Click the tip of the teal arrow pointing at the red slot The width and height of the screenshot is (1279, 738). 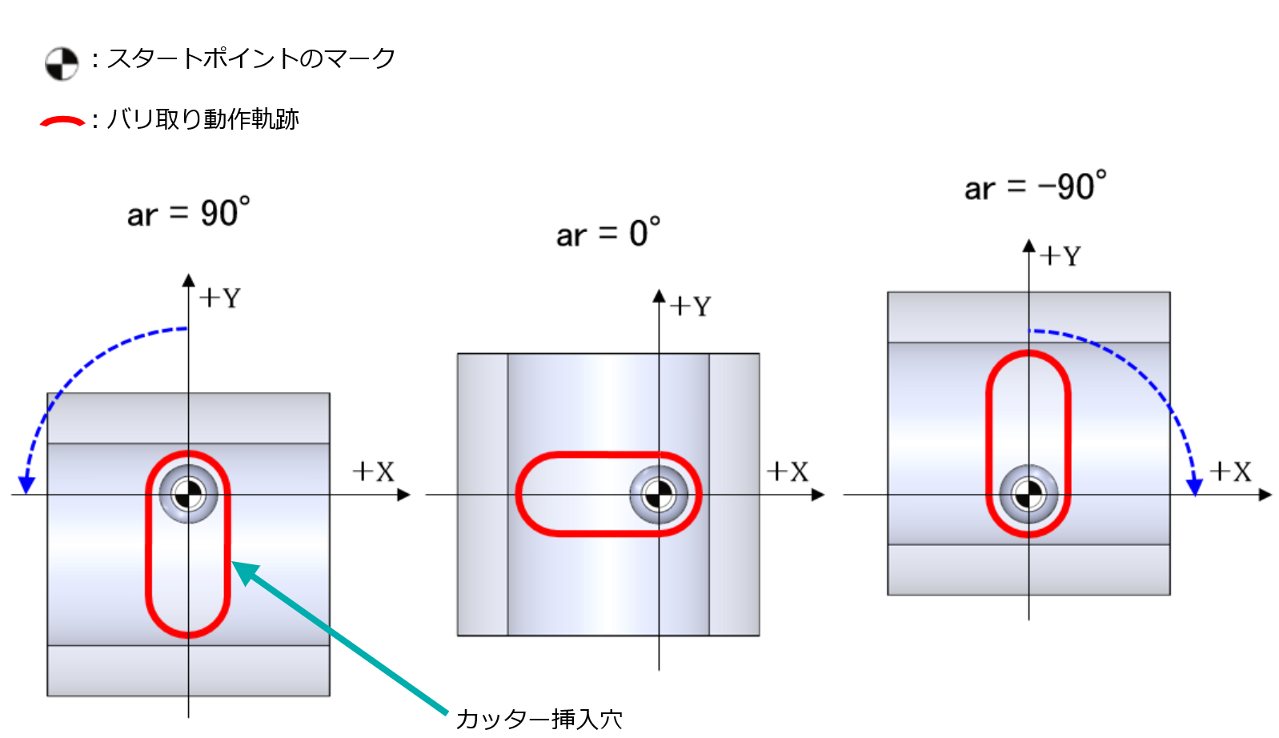232,563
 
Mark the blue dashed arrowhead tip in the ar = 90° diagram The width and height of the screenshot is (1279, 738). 26,493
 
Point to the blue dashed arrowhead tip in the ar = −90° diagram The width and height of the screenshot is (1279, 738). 1194,495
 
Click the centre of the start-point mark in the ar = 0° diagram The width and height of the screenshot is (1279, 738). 659,495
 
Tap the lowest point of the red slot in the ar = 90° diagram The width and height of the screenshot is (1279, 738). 188,636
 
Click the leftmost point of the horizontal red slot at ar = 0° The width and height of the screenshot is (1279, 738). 516,494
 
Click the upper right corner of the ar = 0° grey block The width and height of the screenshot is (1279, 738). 760,354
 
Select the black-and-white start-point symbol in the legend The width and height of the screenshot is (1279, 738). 62,63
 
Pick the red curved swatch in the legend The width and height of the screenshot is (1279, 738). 62,121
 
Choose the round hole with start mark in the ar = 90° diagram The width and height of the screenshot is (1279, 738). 188,494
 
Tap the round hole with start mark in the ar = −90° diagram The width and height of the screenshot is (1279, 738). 1028,494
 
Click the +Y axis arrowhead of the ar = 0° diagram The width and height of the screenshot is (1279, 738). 659,295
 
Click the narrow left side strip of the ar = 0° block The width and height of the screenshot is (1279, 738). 483,495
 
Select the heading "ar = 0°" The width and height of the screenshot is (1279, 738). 608,232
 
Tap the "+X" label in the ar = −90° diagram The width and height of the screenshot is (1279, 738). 1230,471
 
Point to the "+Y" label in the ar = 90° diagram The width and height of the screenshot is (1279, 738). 220,299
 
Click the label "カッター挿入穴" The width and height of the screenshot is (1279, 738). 539,719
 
